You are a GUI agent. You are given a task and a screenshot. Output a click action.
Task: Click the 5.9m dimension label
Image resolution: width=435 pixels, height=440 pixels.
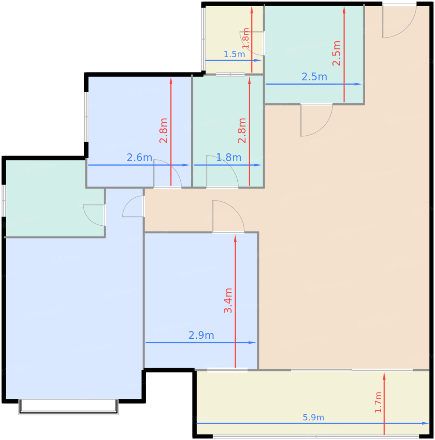pos(313,417)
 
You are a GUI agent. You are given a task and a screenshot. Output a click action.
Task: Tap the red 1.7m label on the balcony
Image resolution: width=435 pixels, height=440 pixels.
pos(378,402)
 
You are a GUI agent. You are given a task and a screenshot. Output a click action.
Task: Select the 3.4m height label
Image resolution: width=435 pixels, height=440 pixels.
pos(228,300)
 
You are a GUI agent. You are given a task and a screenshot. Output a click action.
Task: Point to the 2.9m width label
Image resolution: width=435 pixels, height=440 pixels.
pos(201,335)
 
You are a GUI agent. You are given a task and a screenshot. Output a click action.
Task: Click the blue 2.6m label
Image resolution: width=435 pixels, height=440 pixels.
pos(139,157)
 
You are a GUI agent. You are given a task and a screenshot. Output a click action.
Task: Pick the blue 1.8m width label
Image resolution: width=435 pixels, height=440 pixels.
pos(228,157)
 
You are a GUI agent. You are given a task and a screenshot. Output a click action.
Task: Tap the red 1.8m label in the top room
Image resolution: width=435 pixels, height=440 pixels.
pos(246,38)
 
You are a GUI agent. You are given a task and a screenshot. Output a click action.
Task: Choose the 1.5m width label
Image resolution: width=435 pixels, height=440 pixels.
pos(234,54)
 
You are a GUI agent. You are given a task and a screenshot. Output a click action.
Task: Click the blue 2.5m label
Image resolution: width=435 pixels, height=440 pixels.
pos(314,77)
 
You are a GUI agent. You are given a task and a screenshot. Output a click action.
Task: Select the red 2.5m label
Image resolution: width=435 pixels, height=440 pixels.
pos(336,53)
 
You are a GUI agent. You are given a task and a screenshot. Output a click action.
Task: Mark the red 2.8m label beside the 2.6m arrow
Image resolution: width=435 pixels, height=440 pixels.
pos(163,131)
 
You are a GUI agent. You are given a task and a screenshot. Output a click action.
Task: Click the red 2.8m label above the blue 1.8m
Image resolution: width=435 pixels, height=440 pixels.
pos(242,131)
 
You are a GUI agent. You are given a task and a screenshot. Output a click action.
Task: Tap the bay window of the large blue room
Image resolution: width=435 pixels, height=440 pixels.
pos(68,407)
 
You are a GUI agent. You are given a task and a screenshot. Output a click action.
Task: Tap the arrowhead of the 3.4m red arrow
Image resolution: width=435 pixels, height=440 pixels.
pos(235,238)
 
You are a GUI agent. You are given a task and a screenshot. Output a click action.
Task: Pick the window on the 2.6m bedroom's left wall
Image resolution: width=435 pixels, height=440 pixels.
pos(86,117)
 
